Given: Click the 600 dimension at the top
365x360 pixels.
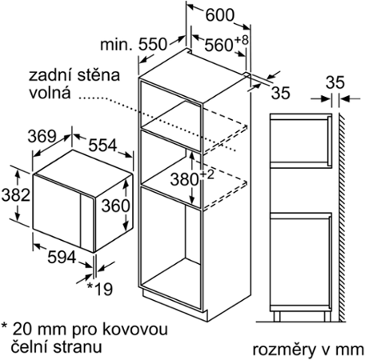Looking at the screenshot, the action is pos(220,15).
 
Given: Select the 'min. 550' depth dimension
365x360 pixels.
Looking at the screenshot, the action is pos(134,45).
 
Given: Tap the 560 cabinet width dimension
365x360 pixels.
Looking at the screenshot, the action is pos(219,45).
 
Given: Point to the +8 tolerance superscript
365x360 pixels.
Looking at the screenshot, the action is pos(241,40).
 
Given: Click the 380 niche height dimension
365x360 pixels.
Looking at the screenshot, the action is pos(185,179).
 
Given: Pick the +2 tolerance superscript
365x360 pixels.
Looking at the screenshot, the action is pos(207,175).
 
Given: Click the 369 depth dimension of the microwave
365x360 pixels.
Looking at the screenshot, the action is pos(42,136).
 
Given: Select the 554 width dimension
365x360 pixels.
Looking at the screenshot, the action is pos(102,146).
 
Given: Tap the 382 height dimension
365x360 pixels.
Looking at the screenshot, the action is pos(16,194).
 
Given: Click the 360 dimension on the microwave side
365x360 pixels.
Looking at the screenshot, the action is pos(116,206).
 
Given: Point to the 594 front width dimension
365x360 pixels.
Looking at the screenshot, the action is pos(62,258).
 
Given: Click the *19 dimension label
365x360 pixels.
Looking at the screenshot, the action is pos(100,290).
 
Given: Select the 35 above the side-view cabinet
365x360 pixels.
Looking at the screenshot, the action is pos(335,82).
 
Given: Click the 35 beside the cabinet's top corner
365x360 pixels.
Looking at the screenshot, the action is pos(281,93).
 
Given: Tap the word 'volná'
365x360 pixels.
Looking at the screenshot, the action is pos(50,93).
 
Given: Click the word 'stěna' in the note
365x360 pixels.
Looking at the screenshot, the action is pos(98,75).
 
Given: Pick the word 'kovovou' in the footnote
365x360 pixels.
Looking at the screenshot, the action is pos(135,330).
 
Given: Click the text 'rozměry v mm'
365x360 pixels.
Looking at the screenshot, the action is pos(308,350).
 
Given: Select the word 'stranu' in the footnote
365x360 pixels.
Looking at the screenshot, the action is pos(78,347).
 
